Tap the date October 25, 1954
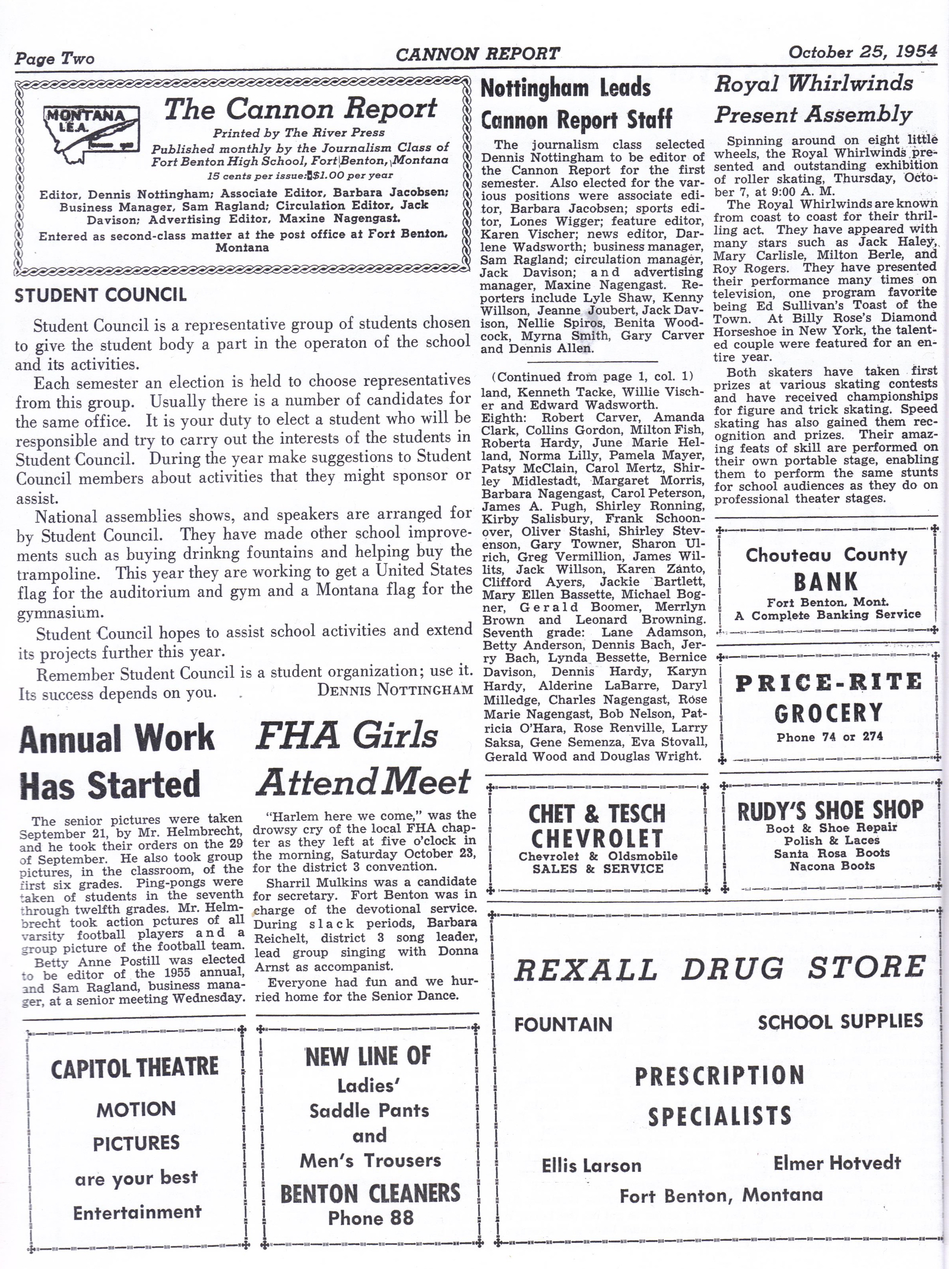(863, 52)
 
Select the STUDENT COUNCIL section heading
(100, 295)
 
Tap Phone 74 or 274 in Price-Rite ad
(829, 737)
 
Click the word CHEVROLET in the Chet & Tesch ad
(597, 839)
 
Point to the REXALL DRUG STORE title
(719, 969)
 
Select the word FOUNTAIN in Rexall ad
(563, 1024)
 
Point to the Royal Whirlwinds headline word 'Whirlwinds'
(850, 84)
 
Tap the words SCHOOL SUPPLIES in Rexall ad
(840, 1022)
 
